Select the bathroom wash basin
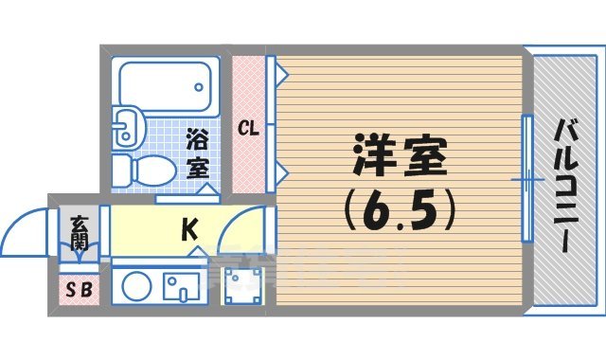[x=126, y=127]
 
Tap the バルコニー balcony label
[x=565, y=186]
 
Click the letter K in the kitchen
[x=189, y=229]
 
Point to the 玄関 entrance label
[x=78, y=233]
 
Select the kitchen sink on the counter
[x=181, y=286]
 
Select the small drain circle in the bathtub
[x=201, y=86]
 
